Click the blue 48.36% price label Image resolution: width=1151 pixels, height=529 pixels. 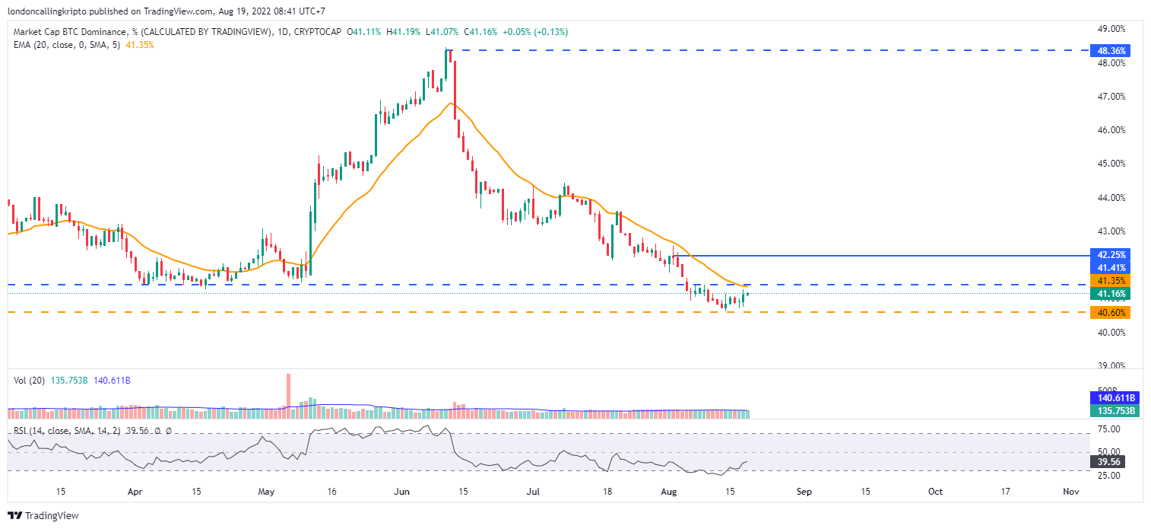1109,51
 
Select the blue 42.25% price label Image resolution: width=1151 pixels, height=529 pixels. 1109,254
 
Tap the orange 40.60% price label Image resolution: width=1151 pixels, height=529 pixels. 1109,312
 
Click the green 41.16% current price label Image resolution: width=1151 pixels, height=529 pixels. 1109,294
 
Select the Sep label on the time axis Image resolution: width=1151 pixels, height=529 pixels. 804,492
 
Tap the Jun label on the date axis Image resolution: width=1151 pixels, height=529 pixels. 402,492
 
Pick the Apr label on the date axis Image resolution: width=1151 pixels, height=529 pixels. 135,492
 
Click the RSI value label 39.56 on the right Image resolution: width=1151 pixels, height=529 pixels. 1106,461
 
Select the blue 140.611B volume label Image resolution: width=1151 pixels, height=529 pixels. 1111,397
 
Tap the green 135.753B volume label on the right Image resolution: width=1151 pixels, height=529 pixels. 1111,410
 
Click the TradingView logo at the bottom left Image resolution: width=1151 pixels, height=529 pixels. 43,515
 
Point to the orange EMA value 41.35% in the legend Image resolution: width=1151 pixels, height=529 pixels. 144,45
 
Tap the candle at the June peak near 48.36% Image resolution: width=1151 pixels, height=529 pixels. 448,65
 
